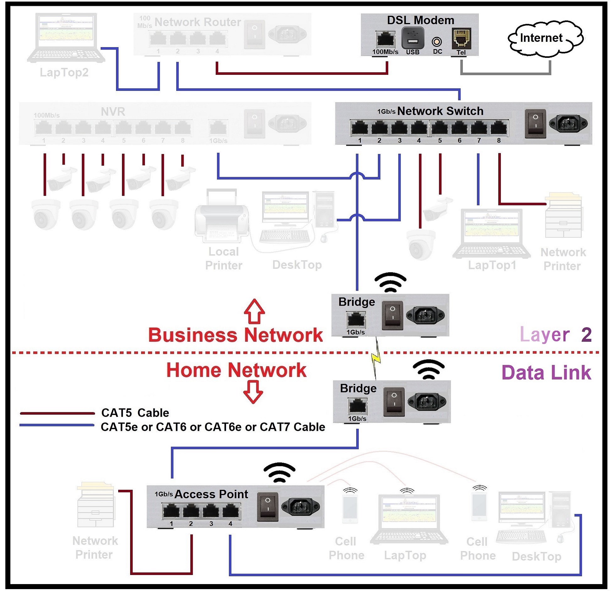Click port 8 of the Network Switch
(x=498, y=128)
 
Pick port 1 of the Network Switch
(x=359, y=128)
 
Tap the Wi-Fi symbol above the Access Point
(x=279, y=473)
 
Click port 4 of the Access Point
(x=230, y=511)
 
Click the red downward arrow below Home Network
(x=253, y=392)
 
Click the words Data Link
(x=546, y=373)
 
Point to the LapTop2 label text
(x=64, y=73)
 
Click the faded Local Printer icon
(x=222, y=216)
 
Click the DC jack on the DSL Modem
(x=437, y=41)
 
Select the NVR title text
(x=113, y=112)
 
